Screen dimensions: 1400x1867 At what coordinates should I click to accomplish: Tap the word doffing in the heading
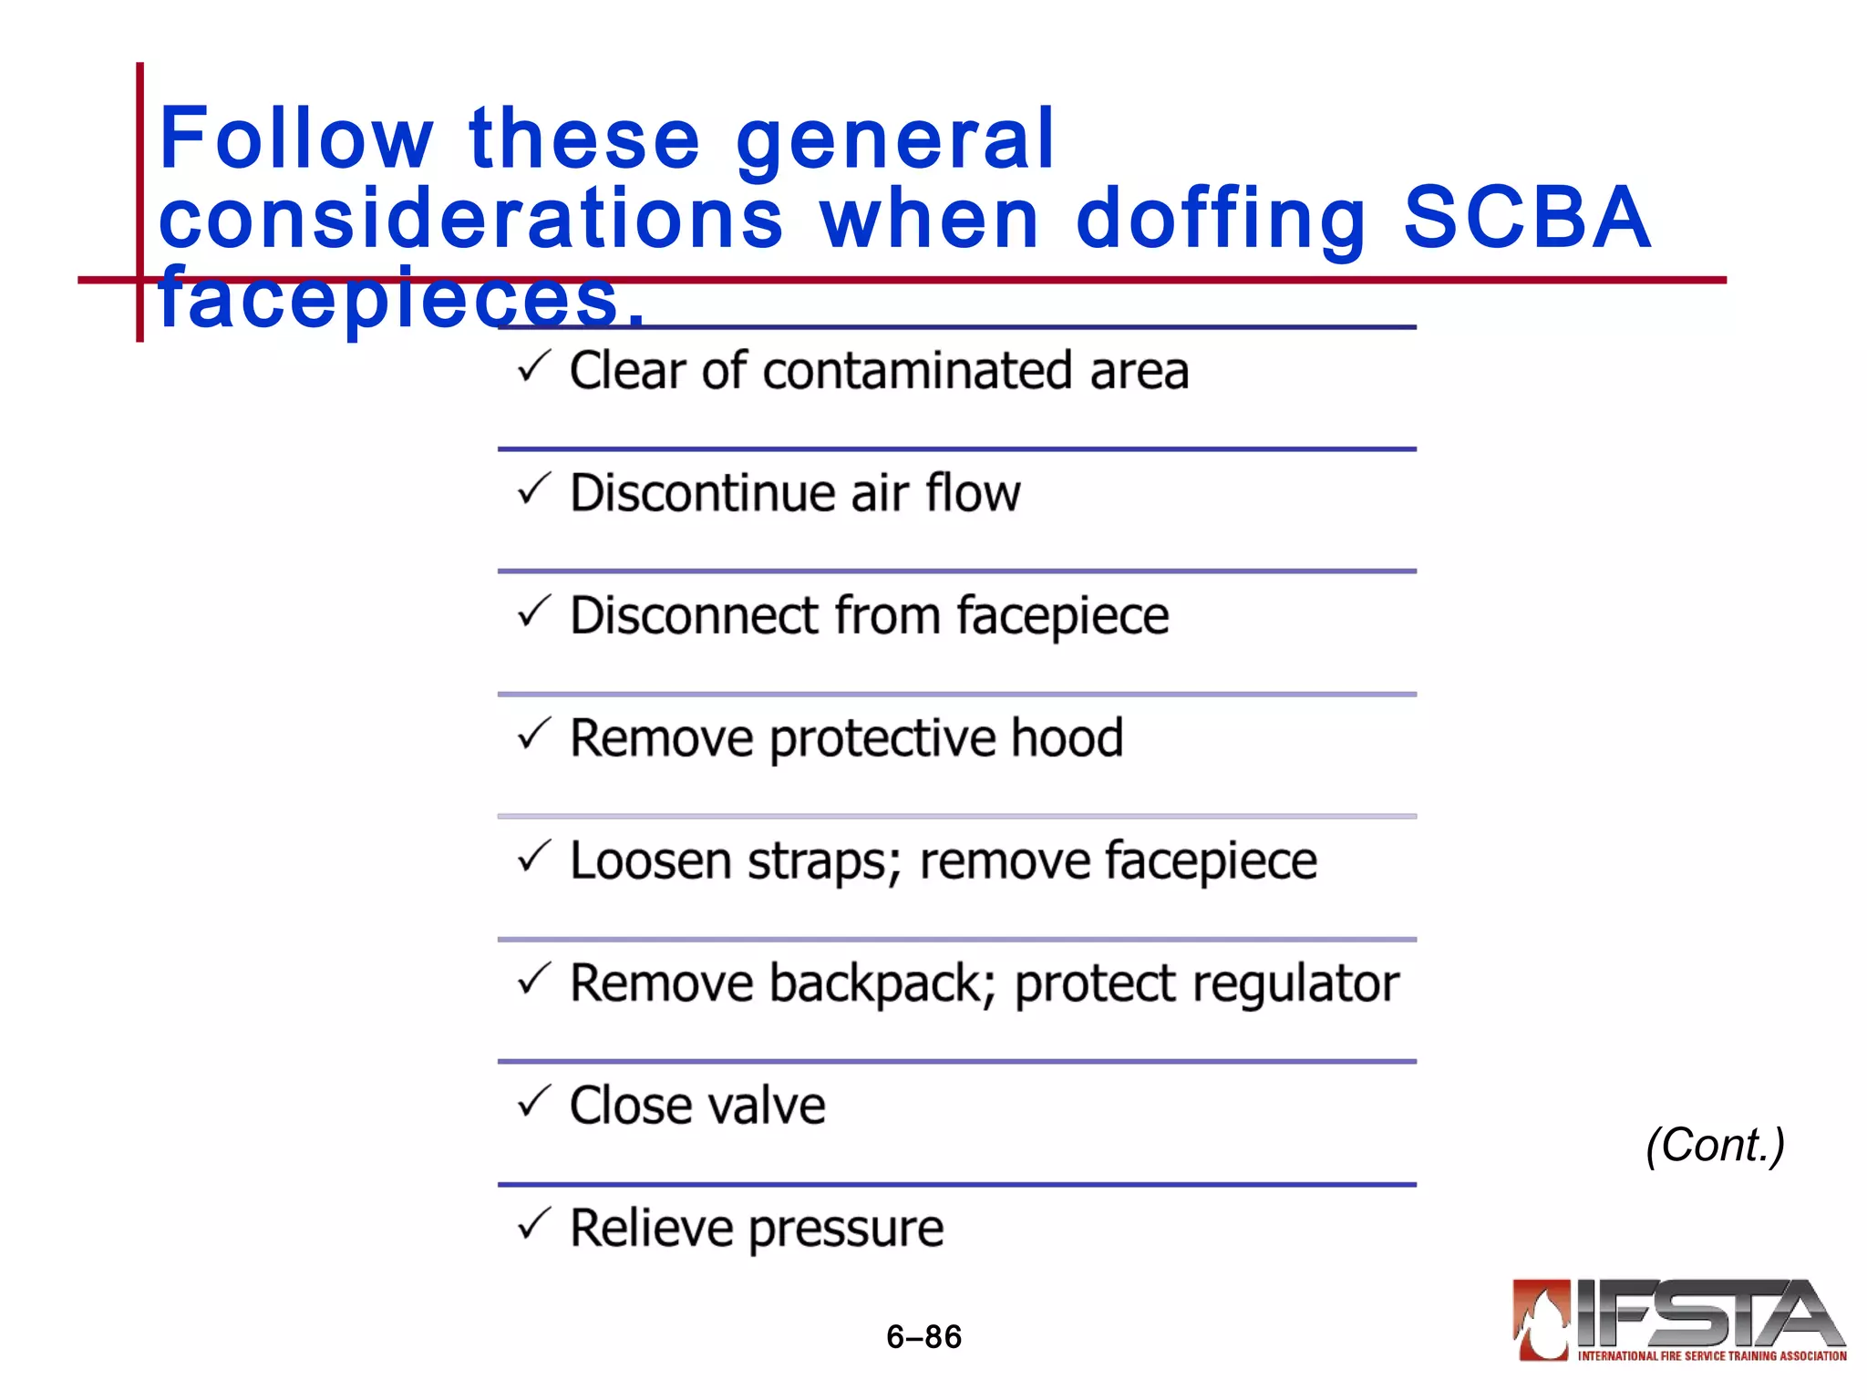point(1221,219)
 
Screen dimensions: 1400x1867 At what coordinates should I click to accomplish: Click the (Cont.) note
point(1715,1145)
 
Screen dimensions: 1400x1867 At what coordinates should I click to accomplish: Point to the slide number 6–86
point(923,1337)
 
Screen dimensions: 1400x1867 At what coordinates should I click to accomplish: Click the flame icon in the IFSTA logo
point(1542,1321)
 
